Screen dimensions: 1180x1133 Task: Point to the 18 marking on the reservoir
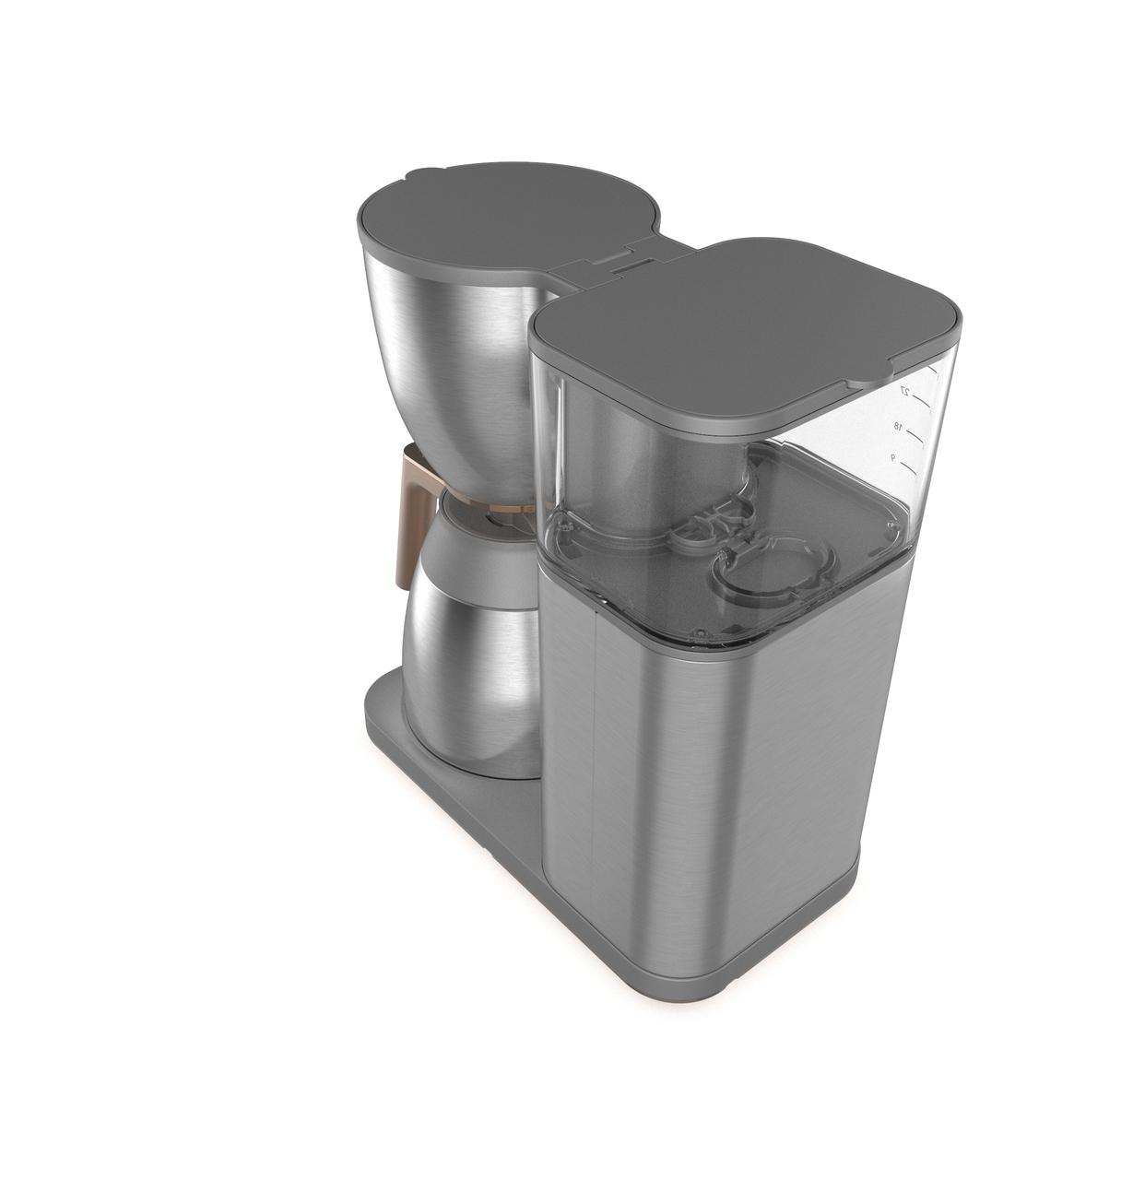pyautogui.click(x=896, y=426)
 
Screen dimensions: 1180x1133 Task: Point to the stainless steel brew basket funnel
pyautogui.click(x=452, y=369)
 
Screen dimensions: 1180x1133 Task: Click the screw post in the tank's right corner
pyautogui.click(x=891, y=526)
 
